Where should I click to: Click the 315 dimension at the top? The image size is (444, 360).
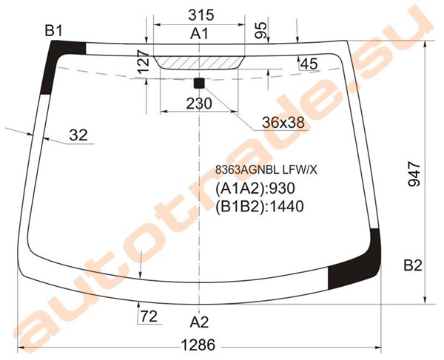point(201,15)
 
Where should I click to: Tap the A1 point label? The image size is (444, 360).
point(199,34)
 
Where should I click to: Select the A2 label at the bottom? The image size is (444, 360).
point(199,322)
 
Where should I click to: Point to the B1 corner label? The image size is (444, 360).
point(53,31)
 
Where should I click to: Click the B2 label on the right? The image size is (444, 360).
point(413,265)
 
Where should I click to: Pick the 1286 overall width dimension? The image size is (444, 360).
point(198,345)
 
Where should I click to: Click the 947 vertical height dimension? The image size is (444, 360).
point(414,174)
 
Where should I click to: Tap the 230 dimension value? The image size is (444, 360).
point(199,103)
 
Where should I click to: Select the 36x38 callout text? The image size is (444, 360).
point(283,123)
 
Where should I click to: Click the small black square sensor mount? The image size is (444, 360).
point(199,84)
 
